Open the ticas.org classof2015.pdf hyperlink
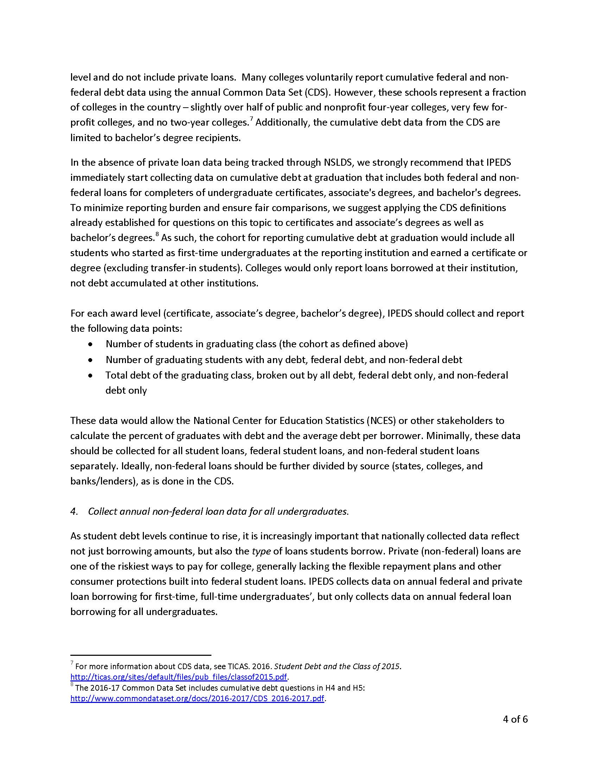coord(179,677)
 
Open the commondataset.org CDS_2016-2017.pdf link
coord(197,698)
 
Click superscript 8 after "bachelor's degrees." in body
coord(157,234)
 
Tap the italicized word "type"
coord(261,551)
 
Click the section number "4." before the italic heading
coord(74,512)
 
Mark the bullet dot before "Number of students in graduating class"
coord(91,344)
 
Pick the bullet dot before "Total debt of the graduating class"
coord(91,375)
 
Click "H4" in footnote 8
coord(329,688)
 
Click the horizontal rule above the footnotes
coord(141,655)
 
